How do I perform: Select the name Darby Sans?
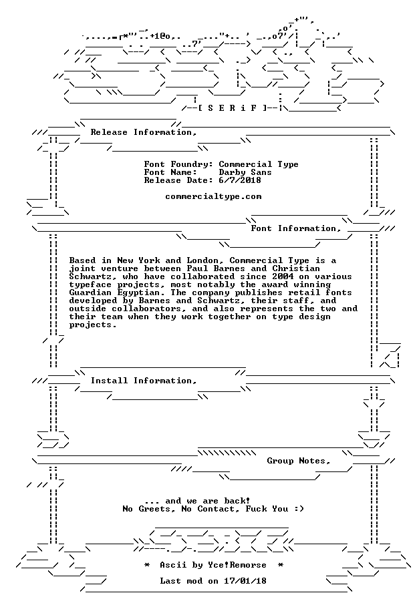click(x=245, y=172)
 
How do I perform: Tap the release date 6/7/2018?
click(x=240, y=180)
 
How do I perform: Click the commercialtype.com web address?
click(x=213, y=196)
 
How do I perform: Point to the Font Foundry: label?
click(x=179, y=164)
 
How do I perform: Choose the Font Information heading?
click(x=296, y=228)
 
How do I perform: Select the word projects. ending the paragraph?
click(x=93, y=325)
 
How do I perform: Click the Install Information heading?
click(x=144, y=381)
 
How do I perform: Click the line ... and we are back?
click(x=198, y=501)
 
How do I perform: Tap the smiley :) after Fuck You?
click(x=299, y=509)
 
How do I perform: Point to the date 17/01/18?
click(x=245, y=581)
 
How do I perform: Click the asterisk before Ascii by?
click(x=147, y=565)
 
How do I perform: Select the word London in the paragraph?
click(x=202, y=260)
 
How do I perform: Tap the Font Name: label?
click(x=170, y=172)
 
